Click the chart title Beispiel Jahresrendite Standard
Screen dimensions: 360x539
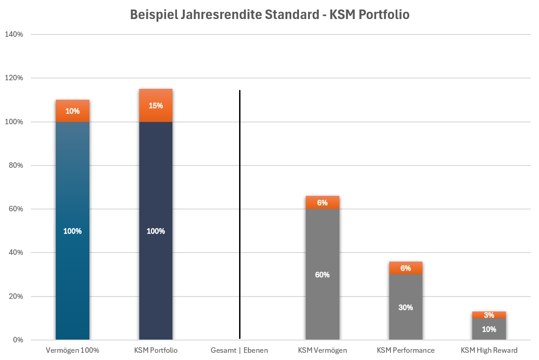(269, 15)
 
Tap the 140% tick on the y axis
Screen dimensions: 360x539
(15, 34)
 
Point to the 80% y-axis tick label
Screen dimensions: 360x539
(16, 165)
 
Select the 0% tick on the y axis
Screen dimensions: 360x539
(18, 340)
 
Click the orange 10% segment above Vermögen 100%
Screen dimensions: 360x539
(73, 111)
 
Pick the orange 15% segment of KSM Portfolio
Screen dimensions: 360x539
(156, 106)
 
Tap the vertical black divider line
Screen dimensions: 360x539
(240, 213)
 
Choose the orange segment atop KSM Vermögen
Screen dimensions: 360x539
(322, 203)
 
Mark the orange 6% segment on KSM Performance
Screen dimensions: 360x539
(406, 268)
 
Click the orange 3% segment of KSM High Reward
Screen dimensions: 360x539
(489, 315)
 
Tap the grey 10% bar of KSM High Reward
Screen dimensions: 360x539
(489, 330)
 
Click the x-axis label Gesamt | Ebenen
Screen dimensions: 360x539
(240, 350)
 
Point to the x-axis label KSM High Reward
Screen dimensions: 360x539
(489, 350)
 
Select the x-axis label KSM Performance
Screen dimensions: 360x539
(406, 350)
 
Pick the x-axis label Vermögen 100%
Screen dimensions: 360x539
(73, 350)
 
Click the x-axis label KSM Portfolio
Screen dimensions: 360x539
(156, 350)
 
